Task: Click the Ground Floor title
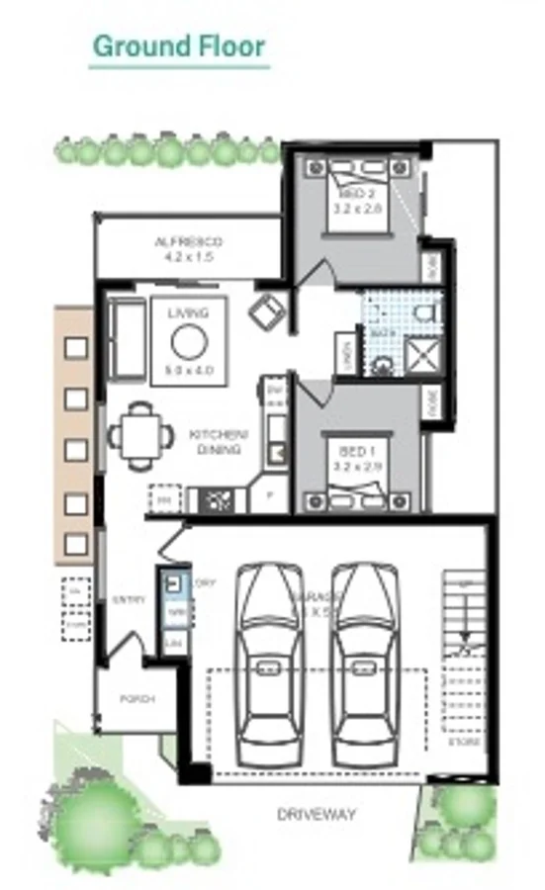(x=179, y=45)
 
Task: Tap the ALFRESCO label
(x=188, y=241)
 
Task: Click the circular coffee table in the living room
(x=188, y=342)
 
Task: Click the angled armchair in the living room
(x=267, y=313)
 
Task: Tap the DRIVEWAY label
(x=317, y=815)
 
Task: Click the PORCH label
(x=137, y=698)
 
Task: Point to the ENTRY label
(x=130, y=599)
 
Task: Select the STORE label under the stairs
(x=465, y=741)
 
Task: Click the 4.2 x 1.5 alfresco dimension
(x=188, y=256)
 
